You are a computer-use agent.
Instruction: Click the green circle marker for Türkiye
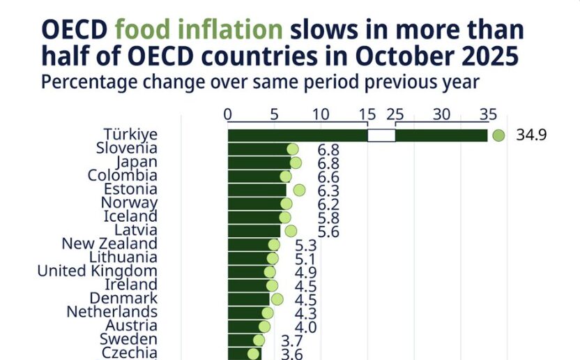pos(498,135)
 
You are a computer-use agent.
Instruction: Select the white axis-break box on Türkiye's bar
pos(381,135)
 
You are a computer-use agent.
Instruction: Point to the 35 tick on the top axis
pos(488,114)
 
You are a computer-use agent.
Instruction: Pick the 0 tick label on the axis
pos(228,114)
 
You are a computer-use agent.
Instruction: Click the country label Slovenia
pos(126,148)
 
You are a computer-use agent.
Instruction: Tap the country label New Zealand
pos(109,243)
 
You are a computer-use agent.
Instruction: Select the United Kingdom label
pos(97,271)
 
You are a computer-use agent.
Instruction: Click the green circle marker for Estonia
pos(299,190)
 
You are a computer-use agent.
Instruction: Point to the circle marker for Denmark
pos(277,299)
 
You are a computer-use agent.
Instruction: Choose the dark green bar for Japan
pos(258,163)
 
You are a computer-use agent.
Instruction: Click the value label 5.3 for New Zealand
pos(305,246)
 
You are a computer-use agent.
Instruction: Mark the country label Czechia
pos(130,352)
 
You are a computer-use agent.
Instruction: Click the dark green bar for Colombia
pos(254,176)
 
